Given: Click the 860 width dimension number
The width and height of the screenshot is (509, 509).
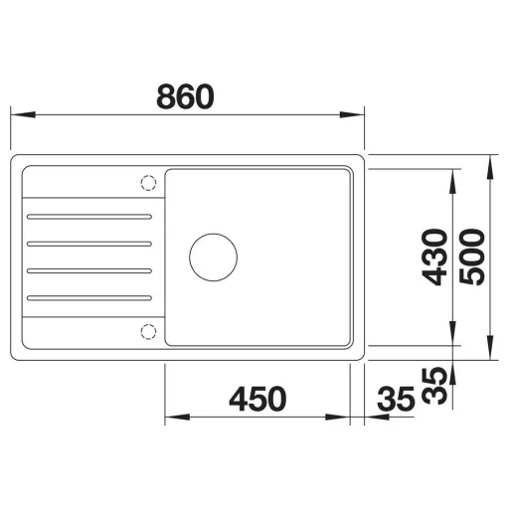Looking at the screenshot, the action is coord(185,96).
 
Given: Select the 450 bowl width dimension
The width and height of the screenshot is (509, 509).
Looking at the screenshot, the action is coord(257,399).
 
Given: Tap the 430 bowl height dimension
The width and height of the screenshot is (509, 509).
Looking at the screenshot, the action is coord(434,257).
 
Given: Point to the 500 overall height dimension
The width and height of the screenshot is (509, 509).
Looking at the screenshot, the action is coord(472,257).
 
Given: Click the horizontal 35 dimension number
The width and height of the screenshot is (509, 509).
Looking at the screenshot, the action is coord(396,399).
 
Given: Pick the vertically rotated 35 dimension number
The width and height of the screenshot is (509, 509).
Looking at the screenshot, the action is coord(434,386).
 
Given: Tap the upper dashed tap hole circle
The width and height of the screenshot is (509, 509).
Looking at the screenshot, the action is coord(148,183).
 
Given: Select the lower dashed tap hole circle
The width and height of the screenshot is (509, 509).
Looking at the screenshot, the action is coord(148,331).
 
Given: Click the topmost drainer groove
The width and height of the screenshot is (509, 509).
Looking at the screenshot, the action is coord(89,217).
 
